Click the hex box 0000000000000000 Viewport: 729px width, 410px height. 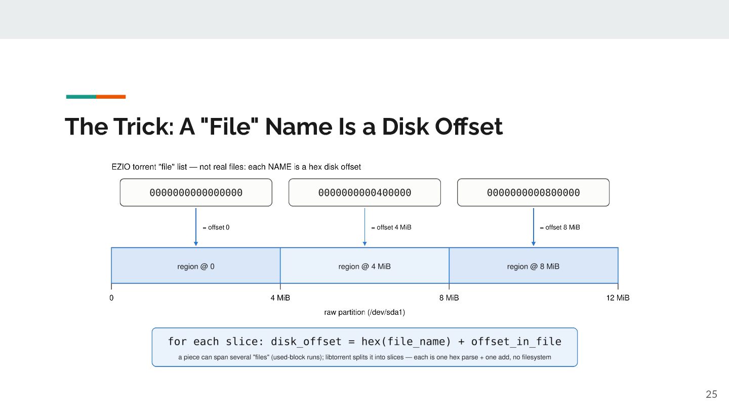[196, 192]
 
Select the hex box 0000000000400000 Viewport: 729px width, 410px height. [364, 192]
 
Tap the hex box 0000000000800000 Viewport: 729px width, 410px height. [533, 192]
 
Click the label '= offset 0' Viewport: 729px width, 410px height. [216, 227]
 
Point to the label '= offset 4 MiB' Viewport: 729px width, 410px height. [391, 227]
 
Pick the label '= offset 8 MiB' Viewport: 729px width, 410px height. [560, 227]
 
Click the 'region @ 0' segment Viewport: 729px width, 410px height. [195, 266]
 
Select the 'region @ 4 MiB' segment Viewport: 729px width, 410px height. [364, 266]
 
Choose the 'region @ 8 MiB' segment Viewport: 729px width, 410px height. [534, 266]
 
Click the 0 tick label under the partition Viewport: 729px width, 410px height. [111, 298]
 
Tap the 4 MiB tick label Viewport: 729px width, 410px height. [280, 298]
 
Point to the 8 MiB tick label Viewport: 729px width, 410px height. [449, 298]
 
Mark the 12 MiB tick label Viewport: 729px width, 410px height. [618, 298]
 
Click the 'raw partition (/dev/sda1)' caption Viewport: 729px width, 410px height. [364, 312]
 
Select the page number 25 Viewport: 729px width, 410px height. [711, 394]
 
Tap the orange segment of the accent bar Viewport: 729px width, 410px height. [111, 97]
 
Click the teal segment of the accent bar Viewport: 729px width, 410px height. [81, 97]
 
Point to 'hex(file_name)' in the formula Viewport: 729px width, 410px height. [406, 341]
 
